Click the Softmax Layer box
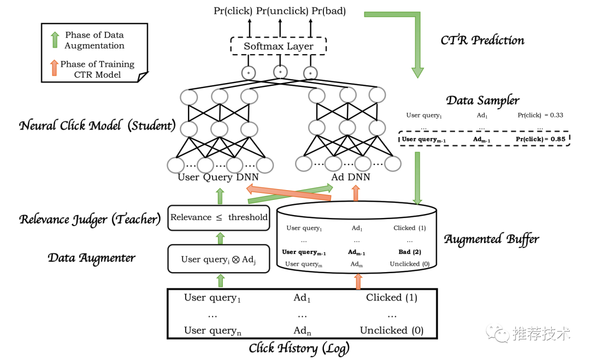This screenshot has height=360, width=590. point(279,46)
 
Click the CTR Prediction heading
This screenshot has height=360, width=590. point(482,40)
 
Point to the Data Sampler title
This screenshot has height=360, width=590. point(482,100)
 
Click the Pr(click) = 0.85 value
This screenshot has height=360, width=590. point(540,139)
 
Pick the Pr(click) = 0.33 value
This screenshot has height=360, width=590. point(540,115)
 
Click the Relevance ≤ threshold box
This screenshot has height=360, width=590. point(219,217)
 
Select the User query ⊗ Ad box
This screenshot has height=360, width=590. point(219,259)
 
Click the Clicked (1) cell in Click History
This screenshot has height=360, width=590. point(392,298)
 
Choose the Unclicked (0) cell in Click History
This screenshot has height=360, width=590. point(391,330)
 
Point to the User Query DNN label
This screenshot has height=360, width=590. point(218,177)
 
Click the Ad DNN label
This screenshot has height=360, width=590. point(351,177)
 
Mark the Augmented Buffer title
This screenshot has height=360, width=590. point(491,239)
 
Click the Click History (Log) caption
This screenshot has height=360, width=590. point(299,348)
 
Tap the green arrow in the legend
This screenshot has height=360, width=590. point(55,40)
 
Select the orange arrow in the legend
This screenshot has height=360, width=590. point(54,69)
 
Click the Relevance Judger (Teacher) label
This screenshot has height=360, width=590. point(90,219)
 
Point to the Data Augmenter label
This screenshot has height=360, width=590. point(91,257)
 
